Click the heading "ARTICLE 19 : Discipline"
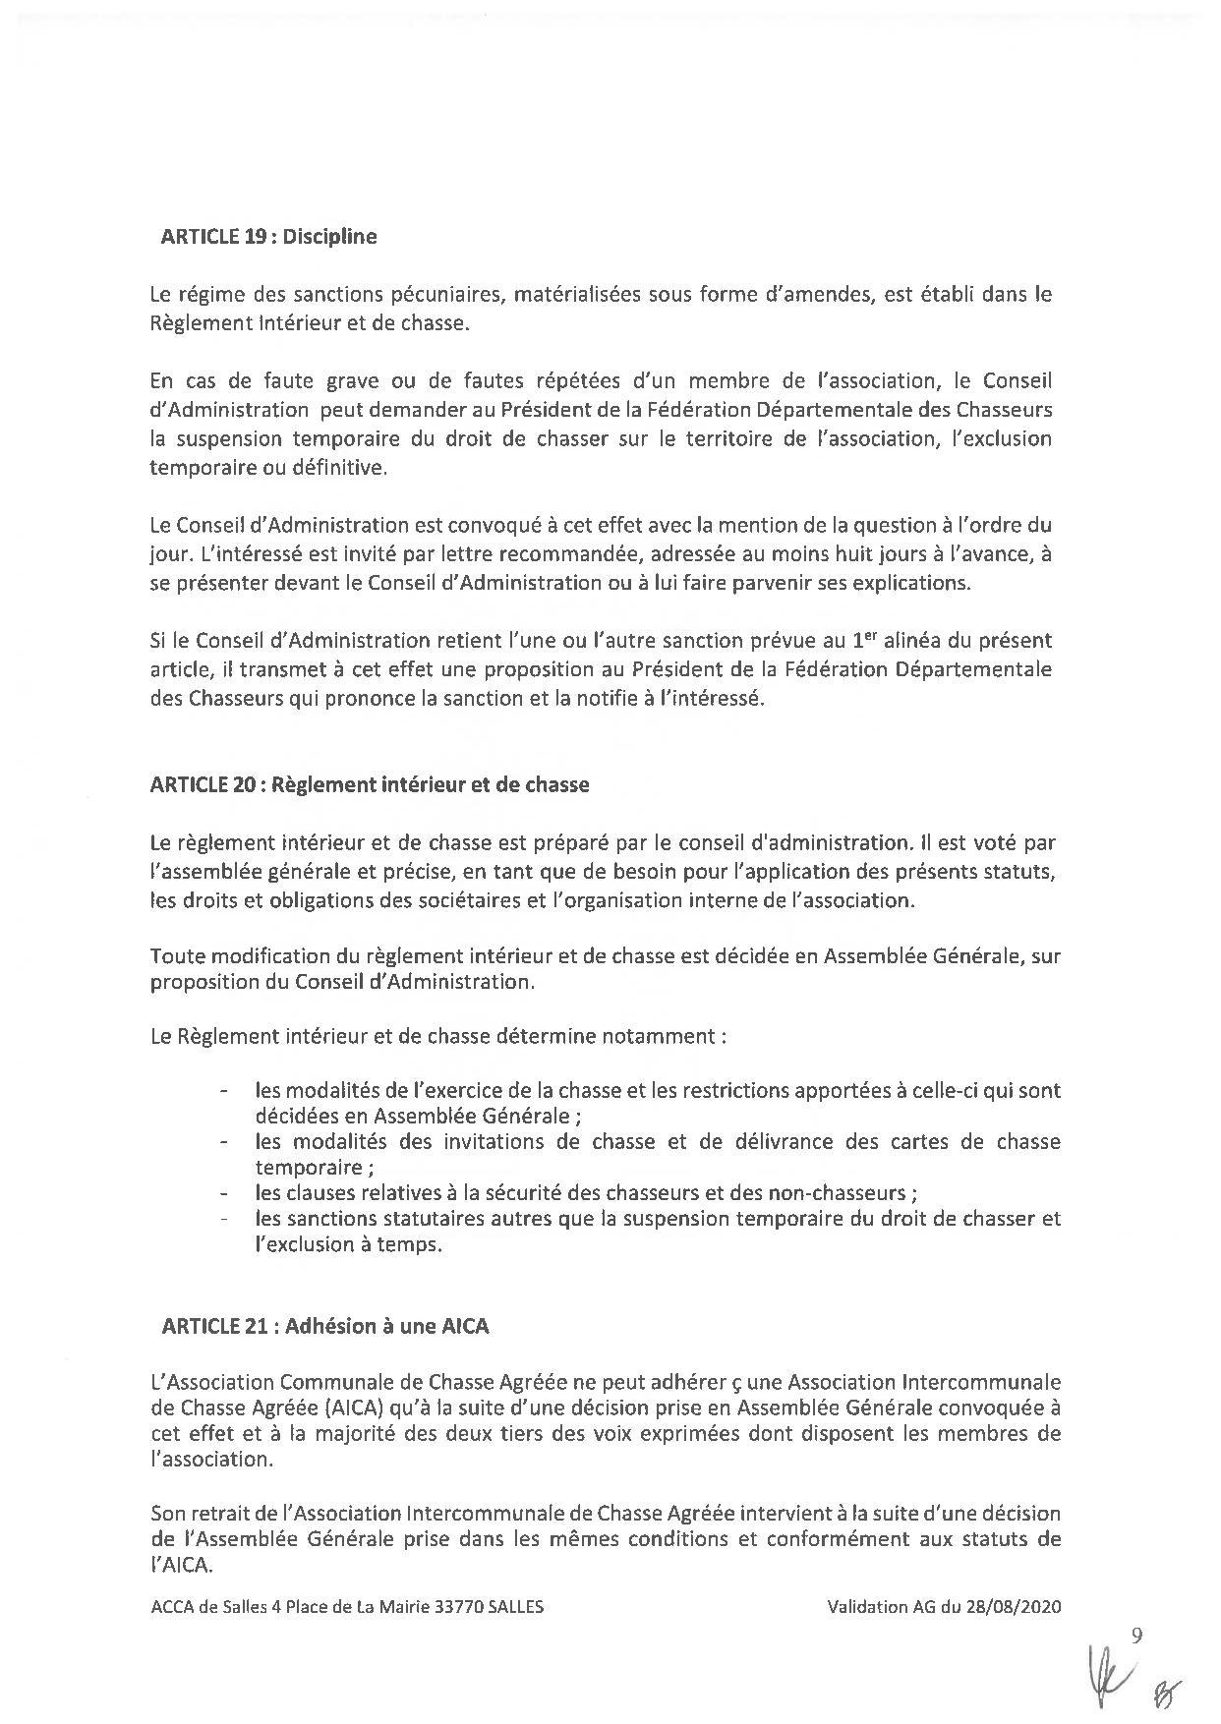[x=268, y=237]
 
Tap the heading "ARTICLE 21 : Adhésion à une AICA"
[x=325, y=1326]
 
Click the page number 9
[x=1137, y=1636]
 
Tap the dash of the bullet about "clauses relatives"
[x=226, y=1193]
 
